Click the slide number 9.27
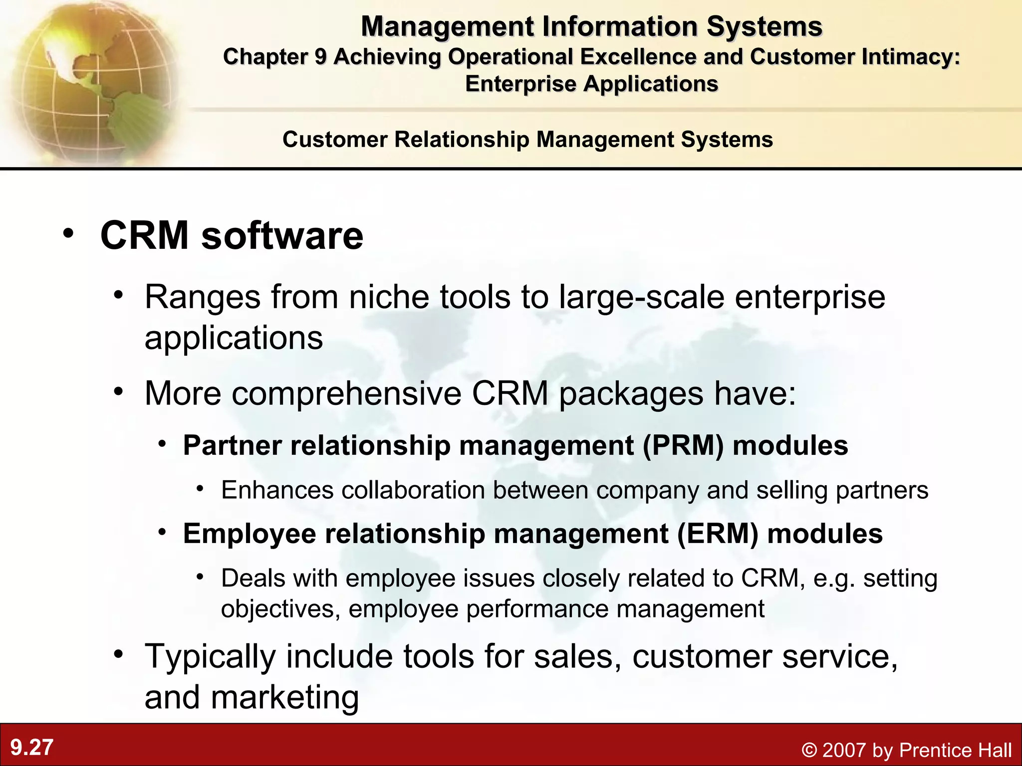point(32,748)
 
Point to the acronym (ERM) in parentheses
point(718,534)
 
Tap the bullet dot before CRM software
point(68,233)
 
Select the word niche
point(388,297)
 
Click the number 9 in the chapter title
point(320,57)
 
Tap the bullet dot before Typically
point(118,654)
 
